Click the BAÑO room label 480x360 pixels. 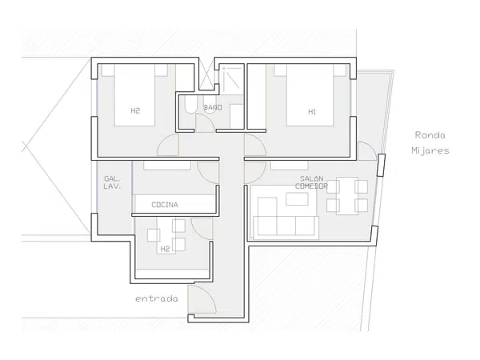(213, 107)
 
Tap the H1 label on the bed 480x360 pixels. (312, 112)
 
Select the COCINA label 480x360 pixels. (165, 205)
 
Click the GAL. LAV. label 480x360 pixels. (112, 182)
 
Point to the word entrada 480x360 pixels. (157, 298)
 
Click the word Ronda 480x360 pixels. (430, 134)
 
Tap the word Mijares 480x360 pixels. (430, 150)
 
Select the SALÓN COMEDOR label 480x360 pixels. (312, 182)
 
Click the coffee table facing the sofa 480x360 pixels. (297, 199)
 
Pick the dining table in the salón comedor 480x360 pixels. (347, 196)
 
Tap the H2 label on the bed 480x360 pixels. (135, 110)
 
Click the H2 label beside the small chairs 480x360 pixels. (165, 249)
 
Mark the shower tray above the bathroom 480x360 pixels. (232, 78)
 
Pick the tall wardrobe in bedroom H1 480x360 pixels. (257, 97)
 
